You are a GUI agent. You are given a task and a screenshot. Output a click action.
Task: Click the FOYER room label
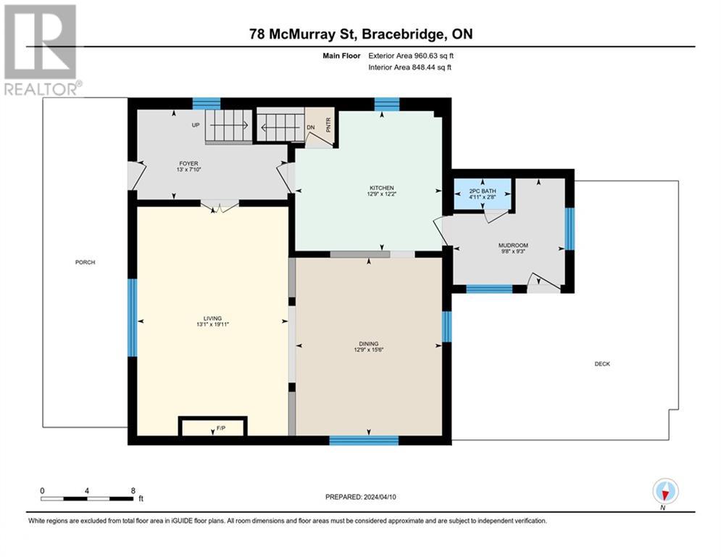coord(168,164)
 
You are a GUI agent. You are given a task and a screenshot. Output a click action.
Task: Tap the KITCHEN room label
coord(380,188)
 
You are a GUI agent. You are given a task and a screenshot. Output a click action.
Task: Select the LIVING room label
coord(212,318)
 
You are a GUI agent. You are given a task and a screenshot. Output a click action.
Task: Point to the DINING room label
coord(369,344)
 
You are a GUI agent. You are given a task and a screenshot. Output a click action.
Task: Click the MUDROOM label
coord(512,245)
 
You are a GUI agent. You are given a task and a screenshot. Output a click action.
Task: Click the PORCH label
coord(85,262)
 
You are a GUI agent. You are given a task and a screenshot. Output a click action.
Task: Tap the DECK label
coord(602,364)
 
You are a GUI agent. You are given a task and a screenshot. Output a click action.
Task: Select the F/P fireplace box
coord(213,427)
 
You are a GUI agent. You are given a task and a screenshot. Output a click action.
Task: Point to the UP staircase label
coord(196,125)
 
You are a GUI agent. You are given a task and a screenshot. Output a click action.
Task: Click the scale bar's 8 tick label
coord(133,491)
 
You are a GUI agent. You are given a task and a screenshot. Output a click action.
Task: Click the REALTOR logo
coord(41,49)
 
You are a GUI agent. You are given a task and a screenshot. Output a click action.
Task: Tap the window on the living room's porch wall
coord(132,318)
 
